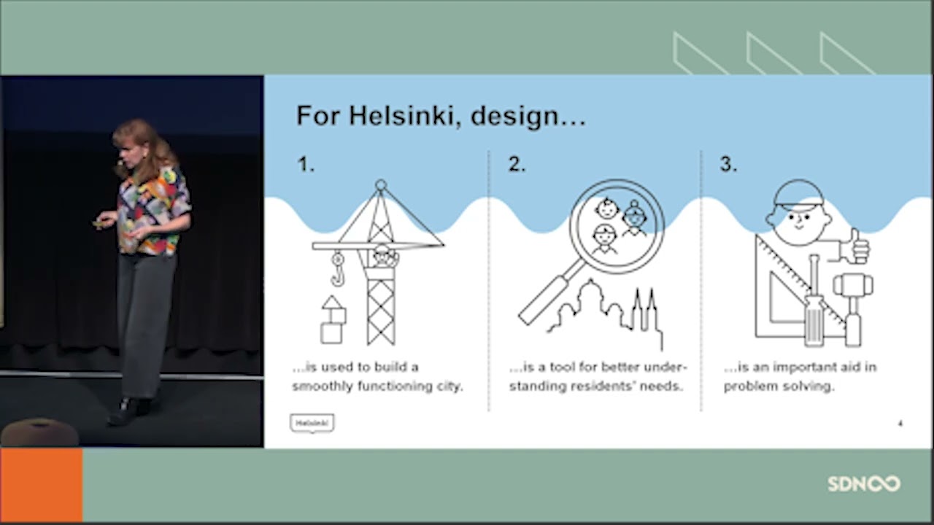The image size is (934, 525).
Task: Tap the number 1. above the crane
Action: tap(305, 166)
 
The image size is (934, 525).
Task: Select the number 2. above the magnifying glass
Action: tap(517, 166)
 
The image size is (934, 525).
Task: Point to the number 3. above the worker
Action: tap(728, 166)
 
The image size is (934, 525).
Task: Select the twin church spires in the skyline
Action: tap(644, 306)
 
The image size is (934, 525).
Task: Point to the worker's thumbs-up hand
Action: tap(856, 247)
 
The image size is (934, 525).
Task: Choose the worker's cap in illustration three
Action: tap(799, 193)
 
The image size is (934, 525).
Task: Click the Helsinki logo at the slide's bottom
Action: tap(312, 423)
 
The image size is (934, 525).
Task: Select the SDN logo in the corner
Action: tap(863, 484)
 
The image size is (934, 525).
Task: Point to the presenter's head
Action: tap(139, 146)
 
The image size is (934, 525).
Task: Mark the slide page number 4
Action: tap(900, 424)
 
